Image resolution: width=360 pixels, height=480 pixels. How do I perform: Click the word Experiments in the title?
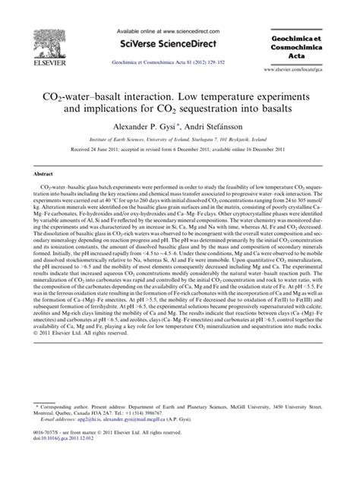(x=291, y=98)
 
